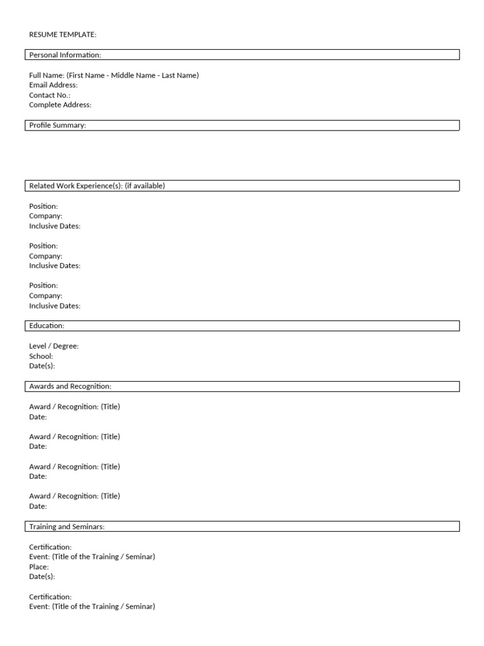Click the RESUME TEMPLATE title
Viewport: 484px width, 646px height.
point(62,35)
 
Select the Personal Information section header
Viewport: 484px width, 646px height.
point(65,55)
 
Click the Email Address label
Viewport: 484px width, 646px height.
point(53,85)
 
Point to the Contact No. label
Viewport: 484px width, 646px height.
point(49,95)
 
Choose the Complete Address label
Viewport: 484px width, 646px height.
point(60,105)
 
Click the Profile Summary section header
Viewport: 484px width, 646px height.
point(57,126)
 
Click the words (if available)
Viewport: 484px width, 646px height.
point(145,186)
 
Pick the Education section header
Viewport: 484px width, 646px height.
point(47,326)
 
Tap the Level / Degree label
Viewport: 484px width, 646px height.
point(54,346)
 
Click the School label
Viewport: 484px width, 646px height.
point(41,356)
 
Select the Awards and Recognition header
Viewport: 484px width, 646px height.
point(70,386)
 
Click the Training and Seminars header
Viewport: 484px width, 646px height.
point(67,527)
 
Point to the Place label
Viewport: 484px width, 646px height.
point(38,567)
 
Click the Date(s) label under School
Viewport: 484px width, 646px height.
point(42,366)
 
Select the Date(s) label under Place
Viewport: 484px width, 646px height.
point(42,577)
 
